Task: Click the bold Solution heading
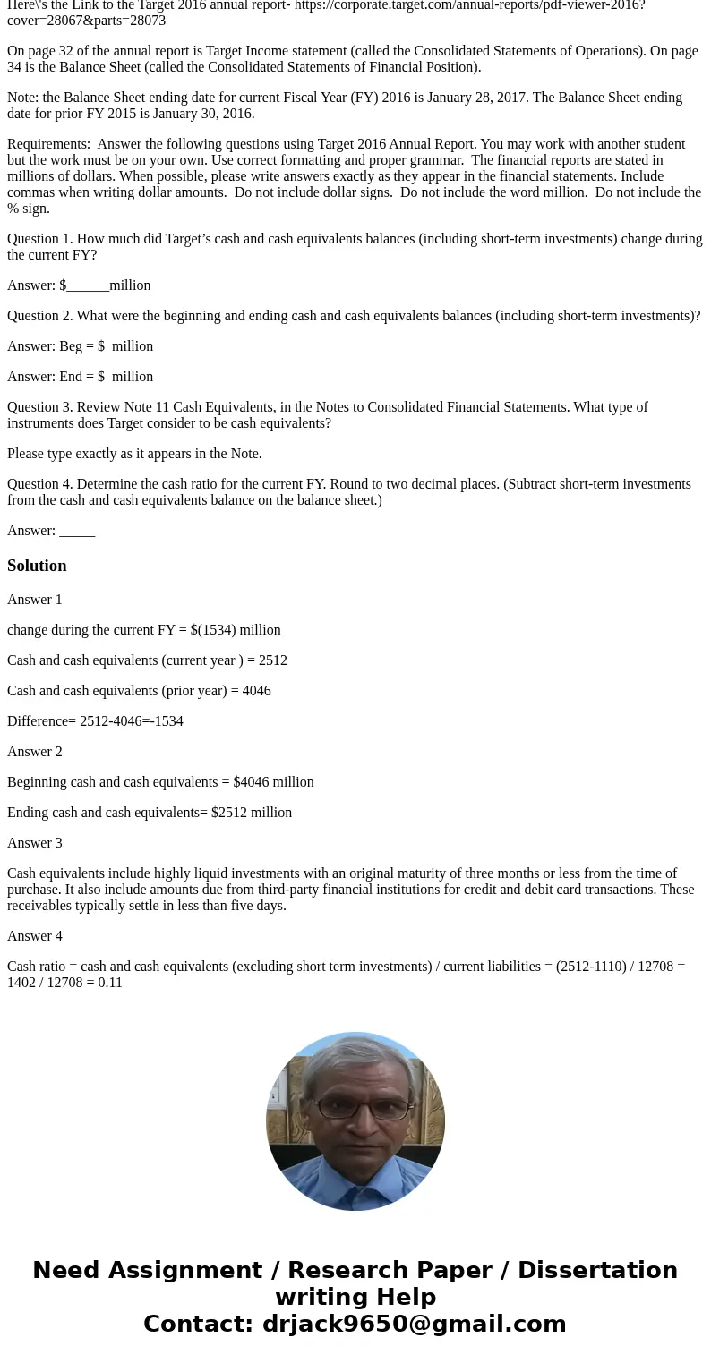point(37,566)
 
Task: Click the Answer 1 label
point(35,600)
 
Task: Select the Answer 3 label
point(35,843)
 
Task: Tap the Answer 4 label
point(35,936)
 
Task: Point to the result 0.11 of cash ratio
point(111,983)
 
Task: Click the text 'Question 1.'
point(40,239)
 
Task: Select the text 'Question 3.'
point(40,407)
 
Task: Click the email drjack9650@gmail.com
point(414,1324)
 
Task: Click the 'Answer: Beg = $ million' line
point(80,346)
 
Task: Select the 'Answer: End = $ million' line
point(80,377)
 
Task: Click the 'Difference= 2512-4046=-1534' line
point(95,721)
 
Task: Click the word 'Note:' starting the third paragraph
point(24,98)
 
